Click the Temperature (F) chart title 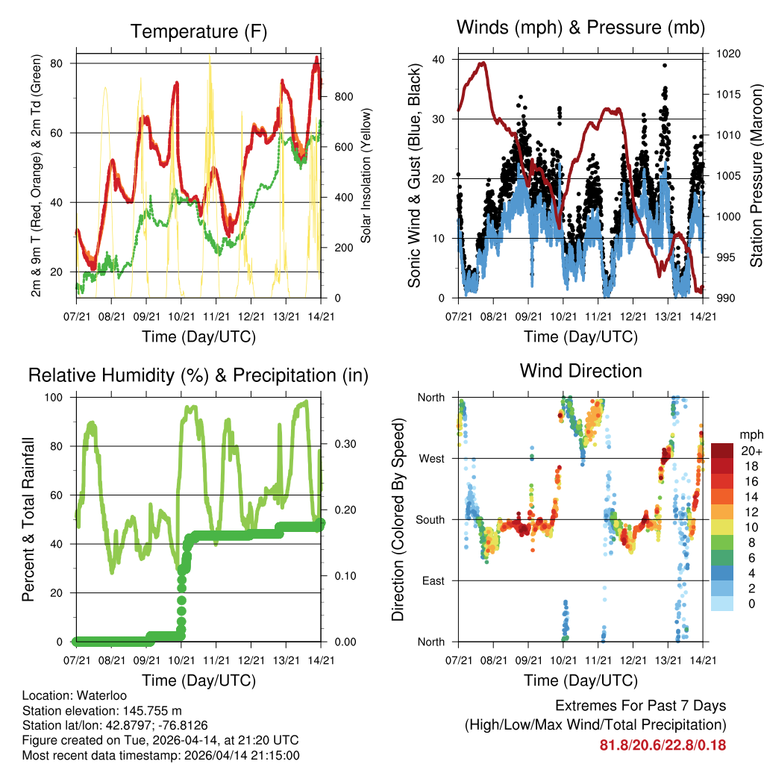198,31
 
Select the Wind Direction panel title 580,371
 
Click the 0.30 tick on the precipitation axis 339,445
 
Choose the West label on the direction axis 431,458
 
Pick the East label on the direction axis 433,580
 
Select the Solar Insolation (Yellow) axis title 366,175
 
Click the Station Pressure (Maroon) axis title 756,175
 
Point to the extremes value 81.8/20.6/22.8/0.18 663,745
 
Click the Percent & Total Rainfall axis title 28,519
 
